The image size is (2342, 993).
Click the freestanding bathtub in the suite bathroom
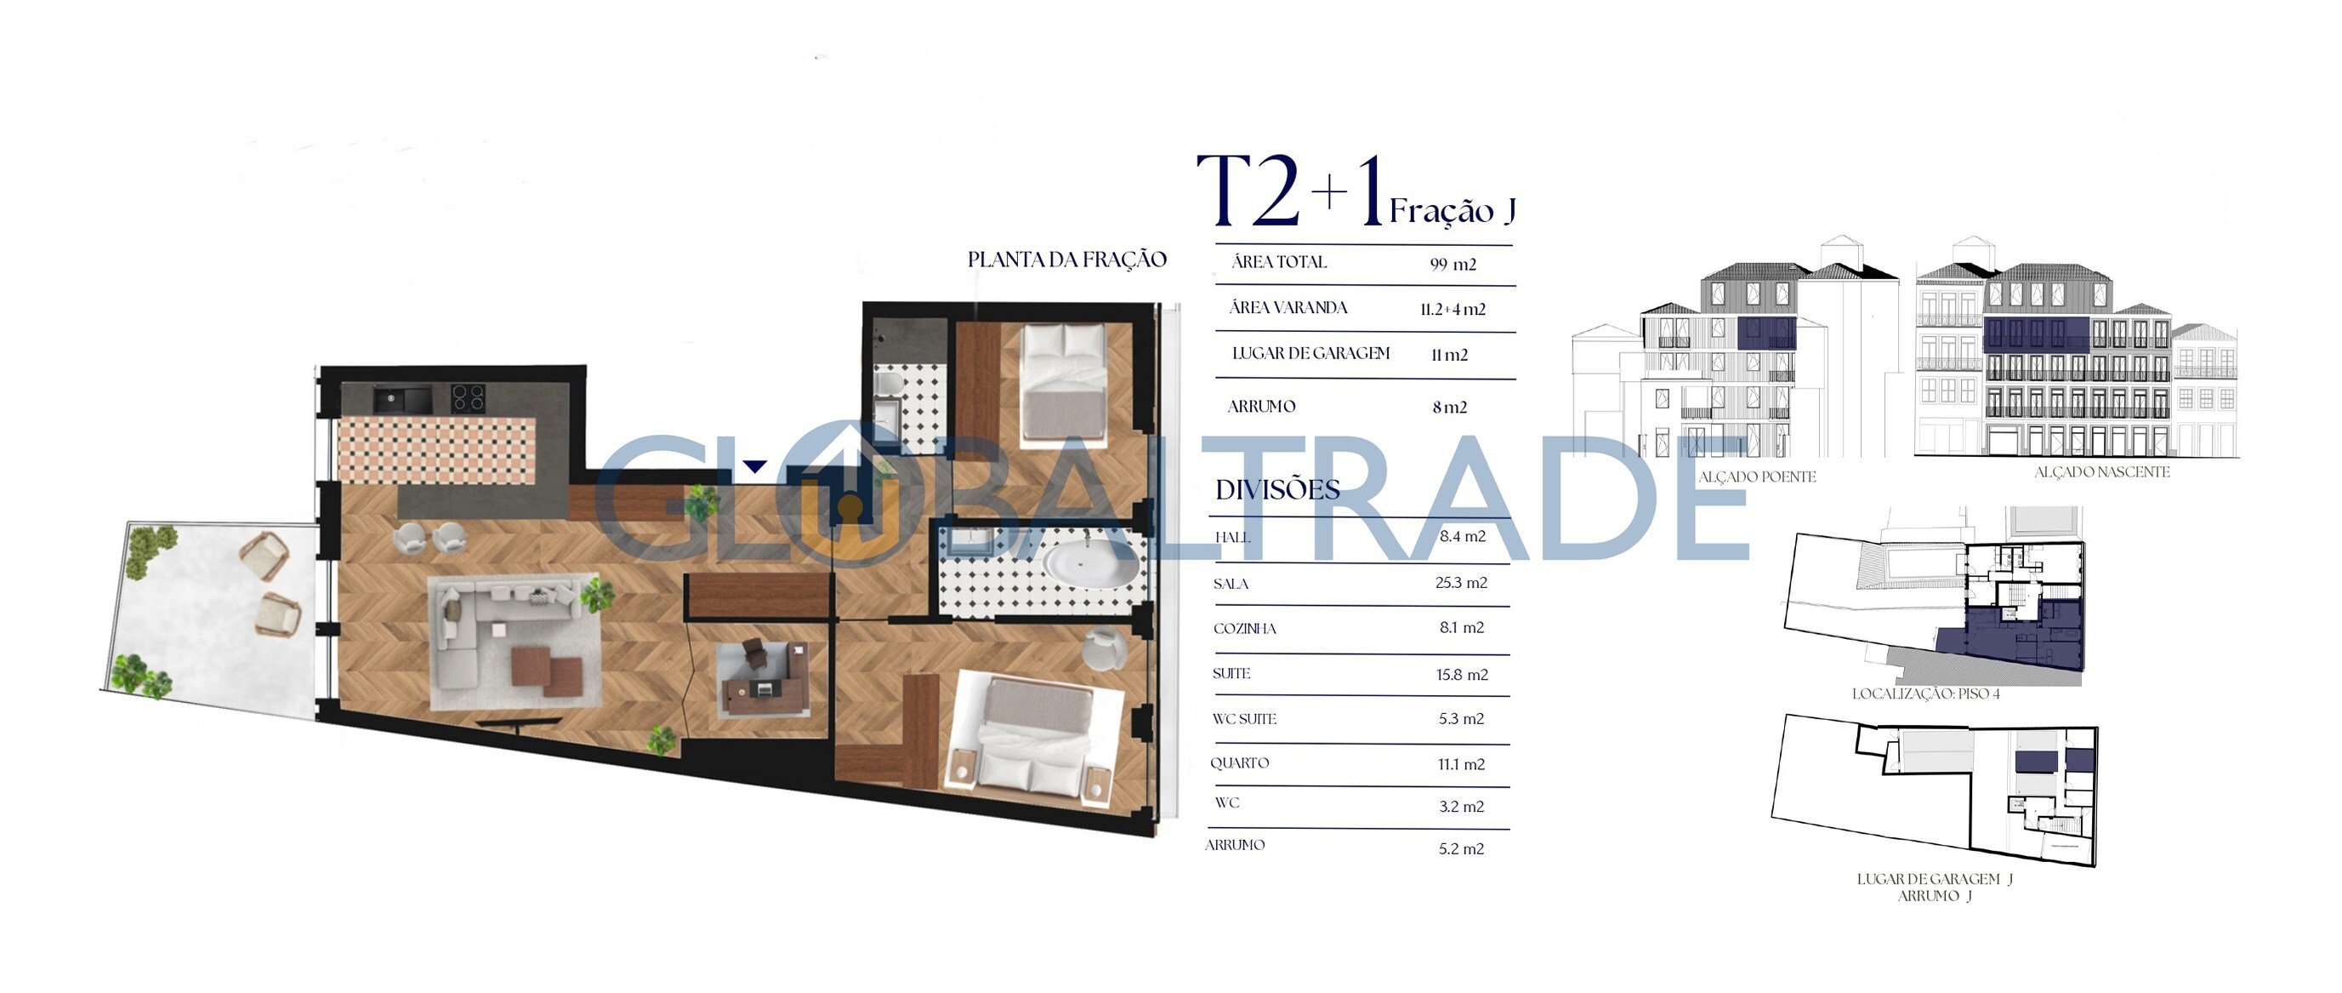[1089, 563]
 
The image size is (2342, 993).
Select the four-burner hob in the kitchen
[469, 398]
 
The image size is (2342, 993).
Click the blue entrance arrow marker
[754, 467]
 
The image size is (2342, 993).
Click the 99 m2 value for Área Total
[1452, 265]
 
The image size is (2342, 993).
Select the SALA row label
[1231, 584]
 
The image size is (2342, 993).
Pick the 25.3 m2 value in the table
[1461, 583]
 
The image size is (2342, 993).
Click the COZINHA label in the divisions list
[1245, 628]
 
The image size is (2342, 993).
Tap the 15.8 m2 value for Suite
[1462, 675]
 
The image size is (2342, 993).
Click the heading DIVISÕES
[1277, 490]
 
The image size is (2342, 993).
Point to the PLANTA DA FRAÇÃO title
[1067, 260]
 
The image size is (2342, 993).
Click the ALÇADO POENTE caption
[1757, 477]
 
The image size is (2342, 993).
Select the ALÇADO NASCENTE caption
[2102, 472]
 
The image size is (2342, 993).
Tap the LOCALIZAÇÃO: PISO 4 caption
[1925, 693]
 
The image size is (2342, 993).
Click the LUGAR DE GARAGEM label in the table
[1311, 354]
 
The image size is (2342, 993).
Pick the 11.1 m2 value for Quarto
[1461, 765]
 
